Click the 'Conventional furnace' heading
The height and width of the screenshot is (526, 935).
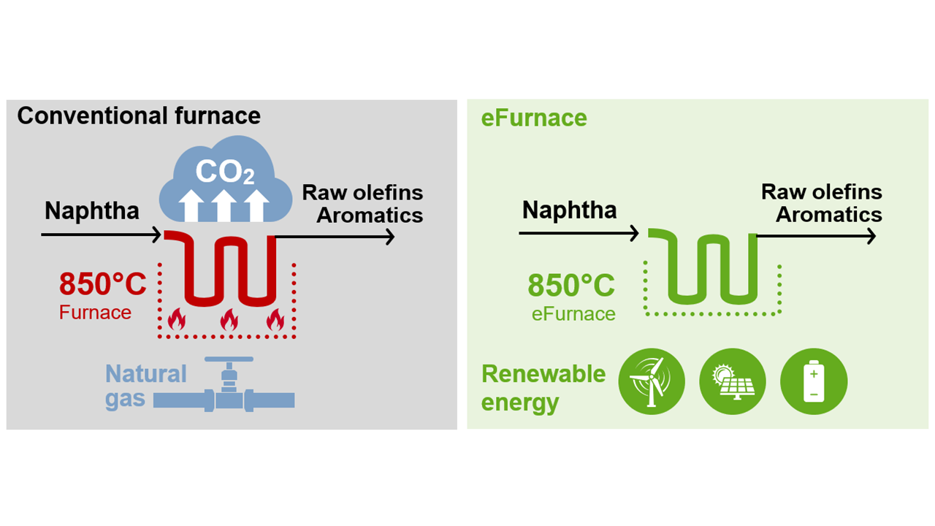139,115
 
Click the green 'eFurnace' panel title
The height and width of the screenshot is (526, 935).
534,118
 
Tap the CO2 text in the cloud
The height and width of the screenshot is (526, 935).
225,173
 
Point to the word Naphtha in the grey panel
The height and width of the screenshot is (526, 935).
92,211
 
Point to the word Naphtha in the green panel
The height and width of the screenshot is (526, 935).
570,210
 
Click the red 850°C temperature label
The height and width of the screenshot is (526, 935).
103,284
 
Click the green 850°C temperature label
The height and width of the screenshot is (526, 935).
571,286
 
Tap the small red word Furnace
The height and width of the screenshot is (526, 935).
95,313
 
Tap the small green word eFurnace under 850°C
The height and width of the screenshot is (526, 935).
573,314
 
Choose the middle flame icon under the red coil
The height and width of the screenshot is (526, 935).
229,319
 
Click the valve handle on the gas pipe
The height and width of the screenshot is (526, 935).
229,360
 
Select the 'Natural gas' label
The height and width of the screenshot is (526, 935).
146,386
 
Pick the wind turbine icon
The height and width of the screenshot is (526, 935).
652,381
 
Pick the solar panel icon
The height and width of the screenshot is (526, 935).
733,381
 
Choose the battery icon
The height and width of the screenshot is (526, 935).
814,381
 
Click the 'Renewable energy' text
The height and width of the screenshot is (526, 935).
543,387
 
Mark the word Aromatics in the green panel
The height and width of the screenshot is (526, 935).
828,215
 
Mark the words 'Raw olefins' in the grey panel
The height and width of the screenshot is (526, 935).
362,193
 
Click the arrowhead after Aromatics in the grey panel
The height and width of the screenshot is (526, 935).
390,237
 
